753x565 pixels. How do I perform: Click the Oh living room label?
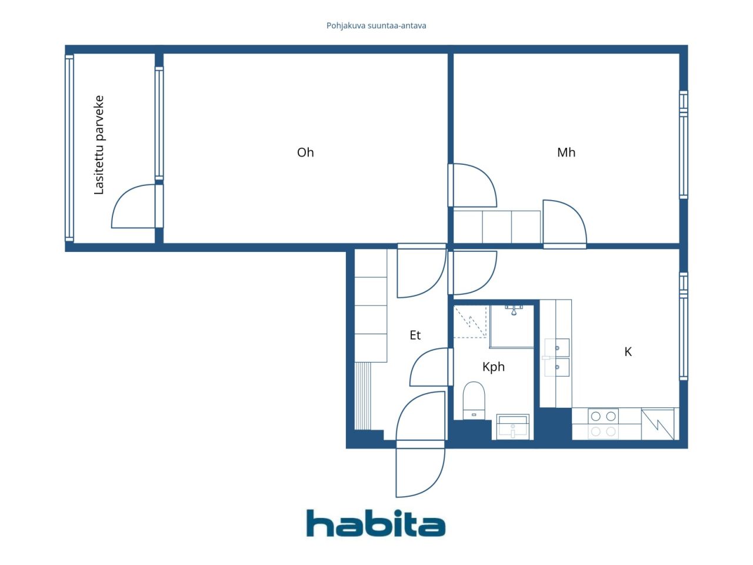point(305,152)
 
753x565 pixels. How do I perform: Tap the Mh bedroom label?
point(566,152)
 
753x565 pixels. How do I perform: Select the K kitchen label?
point(628,352)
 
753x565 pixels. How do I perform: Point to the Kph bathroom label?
point(494,367)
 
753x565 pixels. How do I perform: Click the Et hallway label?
point(415,335)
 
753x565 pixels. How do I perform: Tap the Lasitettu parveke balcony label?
point(99,145)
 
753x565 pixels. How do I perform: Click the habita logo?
point(376,523)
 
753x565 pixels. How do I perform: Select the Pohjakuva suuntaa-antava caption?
point(376,26)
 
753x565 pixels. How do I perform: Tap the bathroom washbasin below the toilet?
point(513,426)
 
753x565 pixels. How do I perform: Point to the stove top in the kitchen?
point(603,424)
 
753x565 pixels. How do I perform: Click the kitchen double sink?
point(557,357)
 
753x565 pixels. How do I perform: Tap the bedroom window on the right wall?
point(683,144)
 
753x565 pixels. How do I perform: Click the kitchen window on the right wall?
point(683,325)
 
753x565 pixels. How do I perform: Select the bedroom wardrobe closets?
point(497,227)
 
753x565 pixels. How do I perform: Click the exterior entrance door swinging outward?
point(420,472)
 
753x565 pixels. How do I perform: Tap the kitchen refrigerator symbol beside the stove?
point(658,424)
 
